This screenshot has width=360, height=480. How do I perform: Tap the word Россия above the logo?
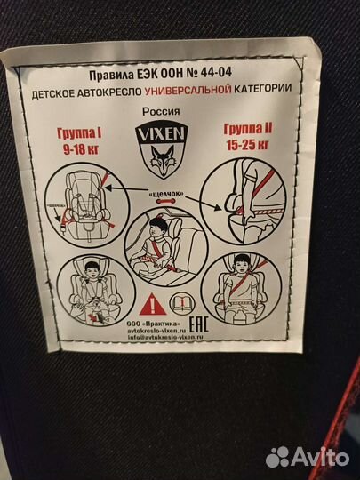point(166,113)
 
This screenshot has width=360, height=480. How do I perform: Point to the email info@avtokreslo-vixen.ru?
point(171,337)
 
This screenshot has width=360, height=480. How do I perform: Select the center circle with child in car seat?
point(164,249)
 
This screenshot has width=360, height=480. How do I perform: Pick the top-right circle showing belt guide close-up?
point(241,205)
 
